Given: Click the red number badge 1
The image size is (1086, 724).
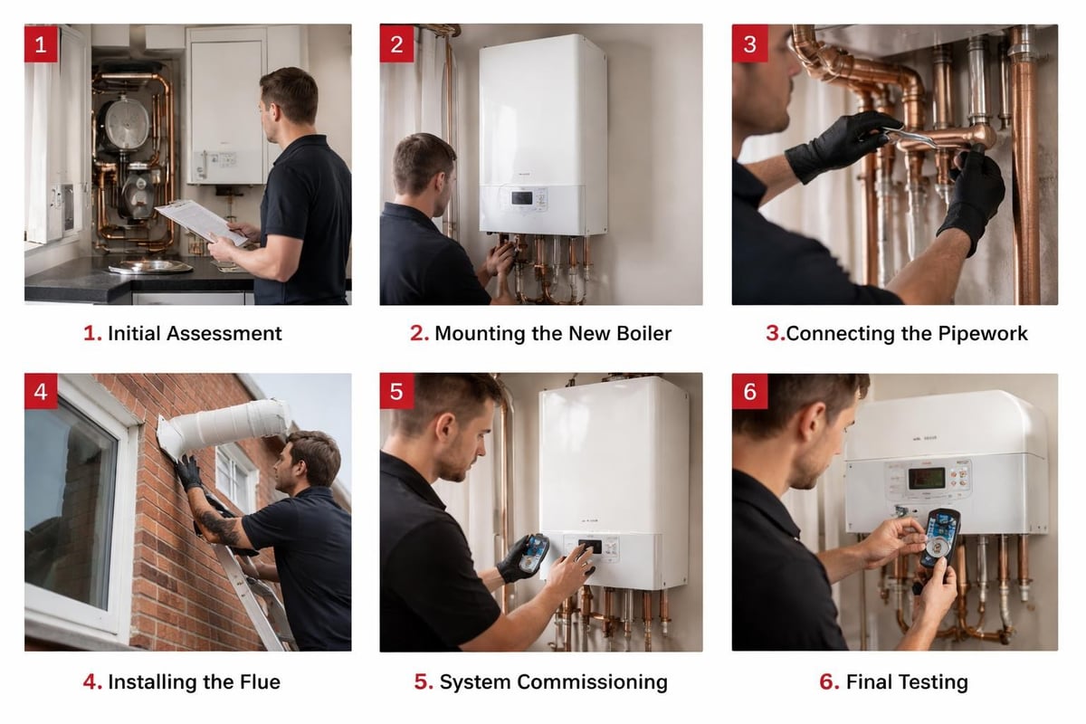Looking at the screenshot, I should point(41,43).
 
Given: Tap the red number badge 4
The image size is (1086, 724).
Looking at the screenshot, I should point(41,391).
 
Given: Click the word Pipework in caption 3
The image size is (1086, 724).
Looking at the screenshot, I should point(983,333).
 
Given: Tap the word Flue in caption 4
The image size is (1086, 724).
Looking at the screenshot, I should point(262,681).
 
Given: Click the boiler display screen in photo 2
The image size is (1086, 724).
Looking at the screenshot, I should point(522,197).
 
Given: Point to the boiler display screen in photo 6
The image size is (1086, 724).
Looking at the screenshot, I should point(926,477).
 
